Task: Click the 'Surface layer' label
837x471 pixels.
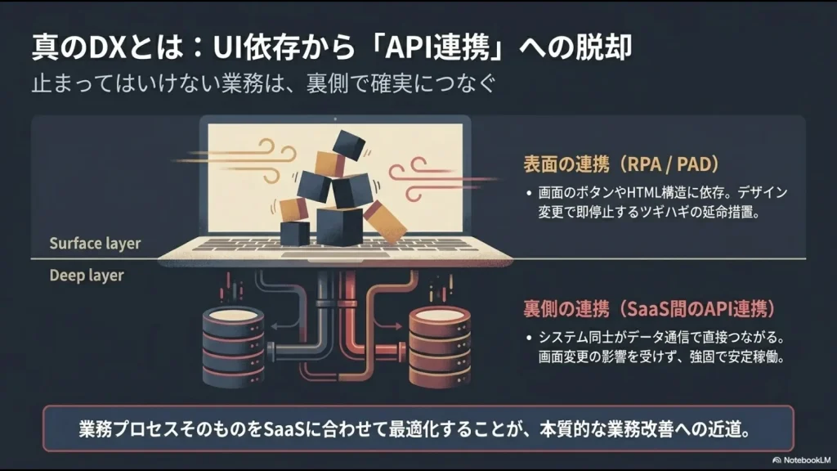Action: [95, 244]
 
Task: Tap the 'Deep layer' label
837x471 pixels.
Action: [87, 276]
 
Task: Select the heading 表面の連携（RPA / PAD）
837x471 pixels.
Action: [621, 164]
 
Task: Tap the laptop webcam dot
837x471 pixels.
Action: [336, 119]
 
